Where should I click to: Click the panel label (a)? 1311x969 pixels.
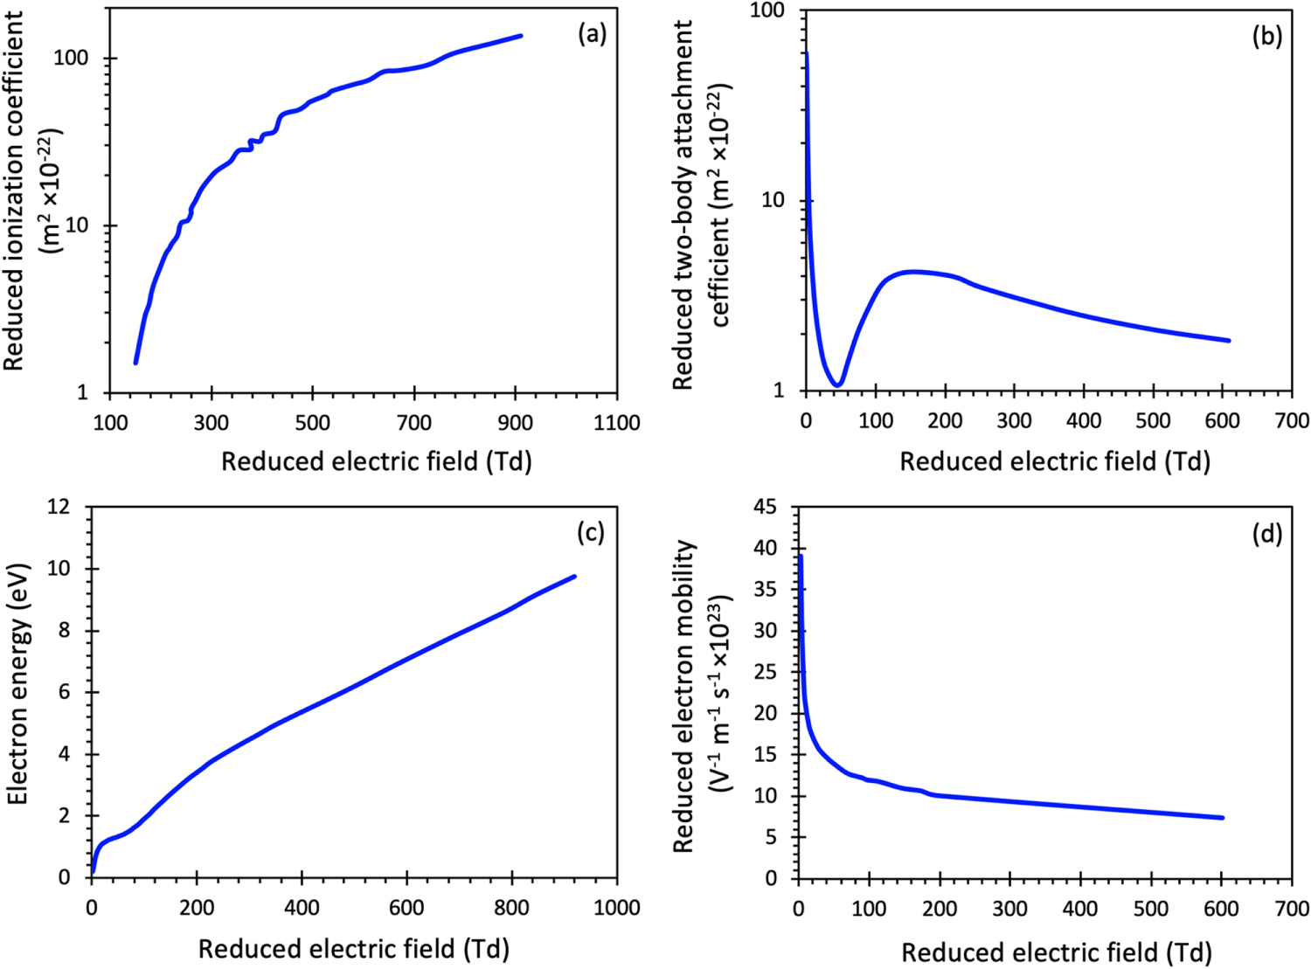pos(592,34)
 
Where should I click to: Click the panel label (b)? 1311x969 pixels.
pos(1266,36)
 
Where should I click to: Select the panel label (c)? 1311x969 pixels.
pos(591,532)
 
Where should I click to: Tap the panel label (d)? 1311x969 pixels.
pos(1266,534)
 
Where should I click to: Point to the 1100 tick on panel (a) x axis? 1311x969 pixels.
pos(616,423)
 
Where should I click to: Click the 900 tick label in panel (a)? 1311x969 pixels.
pos(515,423)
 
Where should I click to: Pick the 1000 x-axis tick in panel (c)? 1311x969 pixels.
pos(616,908)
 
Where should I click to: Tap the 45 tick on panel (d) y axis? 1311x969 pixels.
pos(765,507)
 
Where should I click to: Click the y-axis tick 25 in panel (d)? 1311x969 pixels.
pos(765,672)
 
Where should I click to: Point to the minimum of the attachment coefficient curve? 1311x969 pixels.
pos(837,384)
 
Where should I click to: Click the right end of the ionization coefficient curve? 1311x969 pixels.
pos(521,36)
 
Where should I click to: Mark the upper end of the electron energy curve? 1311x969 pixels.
pos(574,577)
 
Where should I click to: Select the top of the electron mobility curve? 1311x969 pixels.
pos(801,556)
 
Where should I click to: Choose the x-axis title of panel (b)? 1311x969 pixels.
pos(1055,461)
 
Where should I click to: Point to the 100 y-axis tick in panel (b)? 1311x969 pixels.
pos(768,10)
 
